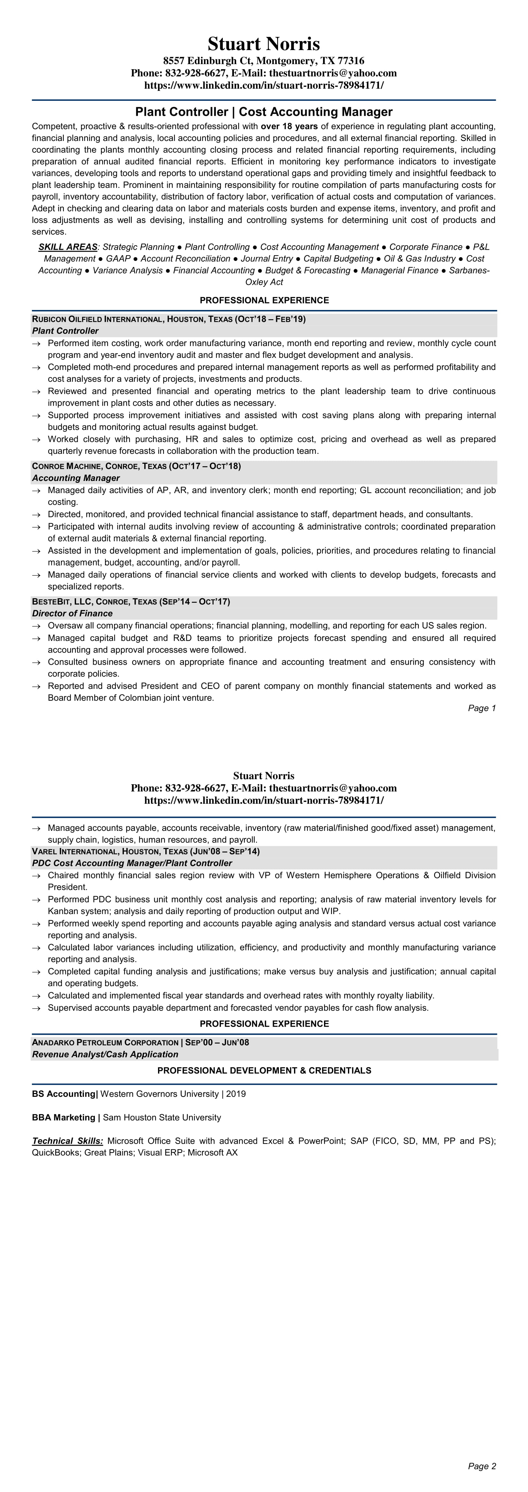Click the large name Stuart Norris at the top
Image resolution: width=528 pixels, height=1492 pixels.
pos(264,44)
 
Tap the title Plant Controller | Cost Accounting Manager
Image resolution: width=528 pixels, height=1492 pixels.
pos(264,112)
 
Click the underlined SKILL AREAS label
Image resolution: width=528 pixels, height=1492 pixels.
pos(68,247)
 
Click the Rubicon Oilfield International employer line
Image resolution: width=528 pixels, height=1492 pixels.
pos(169,319)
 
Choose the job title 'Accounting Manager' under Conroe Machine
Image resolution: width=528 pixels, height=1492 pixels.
pos(76,478)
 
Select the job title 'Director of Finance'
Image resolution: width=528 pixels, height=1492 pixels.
pos(72,613)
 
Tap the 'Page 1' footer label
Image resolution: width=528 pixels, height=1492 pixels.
pos(482,708)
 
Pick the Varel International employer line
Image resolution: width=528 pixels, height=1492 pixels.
pos(146,852)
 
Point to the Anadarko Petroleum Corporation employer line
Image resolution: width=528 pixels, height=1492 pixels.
pos(140,1043)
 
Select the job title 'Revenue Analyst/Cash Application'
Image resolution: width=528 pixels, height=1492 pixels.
pos(105,1054)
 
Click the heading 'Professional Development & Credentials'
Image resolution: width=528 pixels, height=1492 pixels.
pos(264,1070)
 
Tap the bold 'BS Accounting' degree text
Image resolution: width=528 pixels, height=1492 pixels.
pos(64,1094)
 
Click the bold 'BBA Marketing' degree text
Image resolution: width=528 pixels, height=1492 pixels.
pos(64,1117)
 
